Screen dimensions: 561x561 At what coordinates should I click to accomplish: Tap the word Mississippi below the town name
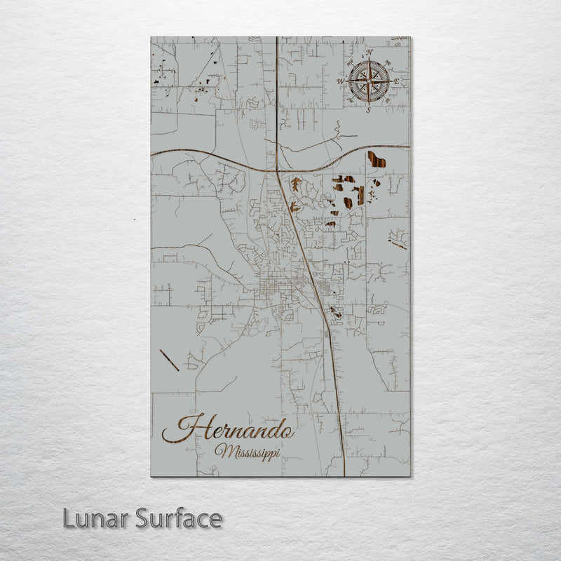click(248, 452)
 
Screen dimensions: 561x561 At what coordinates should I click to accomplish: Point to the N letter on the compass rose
click(370, 53)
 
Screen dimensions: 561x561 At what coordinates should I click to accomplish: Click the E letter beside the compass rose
click(396, 82)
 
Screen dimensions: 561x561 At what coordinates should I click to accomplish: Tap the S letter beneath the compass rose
click(369, 110)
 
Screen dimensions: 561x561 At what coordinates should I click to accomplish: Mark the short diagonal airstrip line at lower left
click(169, 360)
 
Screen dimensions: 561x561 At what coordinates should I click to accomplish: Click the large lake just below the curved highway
click(377, 159)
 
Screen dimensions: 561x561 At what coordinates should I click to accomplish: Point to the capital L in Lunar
click(69, 519)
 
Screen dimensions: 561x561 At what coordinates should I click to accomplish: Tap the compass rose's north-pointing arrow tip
click(370, 62)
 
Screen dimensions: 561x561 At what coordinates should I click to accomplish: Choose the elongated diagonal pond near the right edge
click(398, 243)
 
